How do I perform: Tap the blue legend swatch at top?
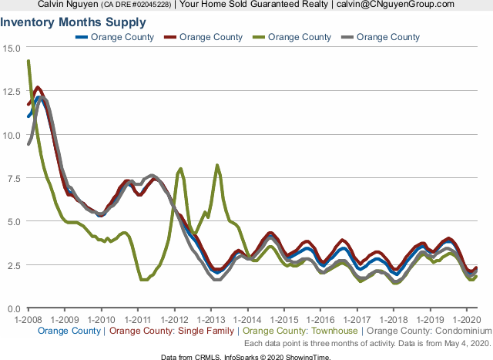[81, 37]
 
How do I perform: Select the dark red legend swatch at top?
[170, 37]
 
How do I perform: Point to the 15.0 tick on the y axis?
[13, 48]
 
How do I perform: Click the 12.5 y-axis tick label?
[13, 91]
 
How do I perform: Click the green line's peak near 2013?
[217, 165]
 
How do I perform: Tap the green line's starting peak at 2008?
[28, 61]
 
